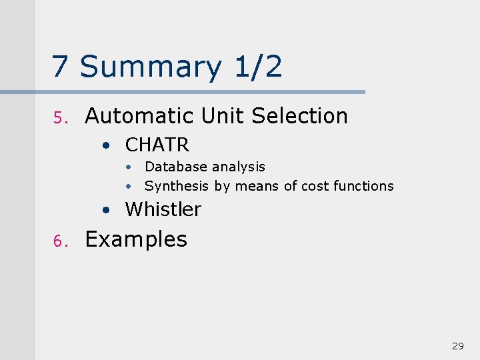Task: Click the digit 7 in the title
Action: click(x=61, y=67)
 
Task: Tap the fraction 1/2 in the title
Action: click(x=258, y=67)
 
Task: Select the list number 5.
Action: click(x=58, y=118)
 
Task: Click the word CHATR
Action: click(x=157, y=144)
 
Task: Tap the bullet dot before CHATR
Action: click(x=107, y=145)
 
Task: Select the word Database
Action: click(x=173, y=167)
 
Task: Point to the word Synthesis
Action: click(x=177, y=186)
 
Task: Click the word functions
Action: click(x=364, y=186)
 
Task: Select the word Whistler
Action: click(x=163, y=209)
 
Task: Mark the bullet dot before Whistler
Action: click(x=107, y=210)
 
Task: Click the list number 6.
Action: click(x=58, y=241)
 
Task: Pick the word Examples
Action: click(x=136, y=239)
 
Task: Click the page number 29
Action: click(x=457, y=345)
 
